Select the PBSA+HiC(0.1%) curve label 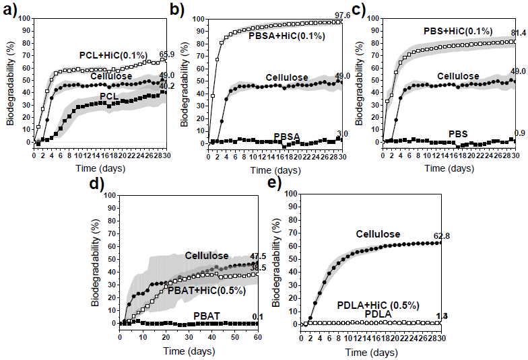pyautogui.click(x=286, y=35)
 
